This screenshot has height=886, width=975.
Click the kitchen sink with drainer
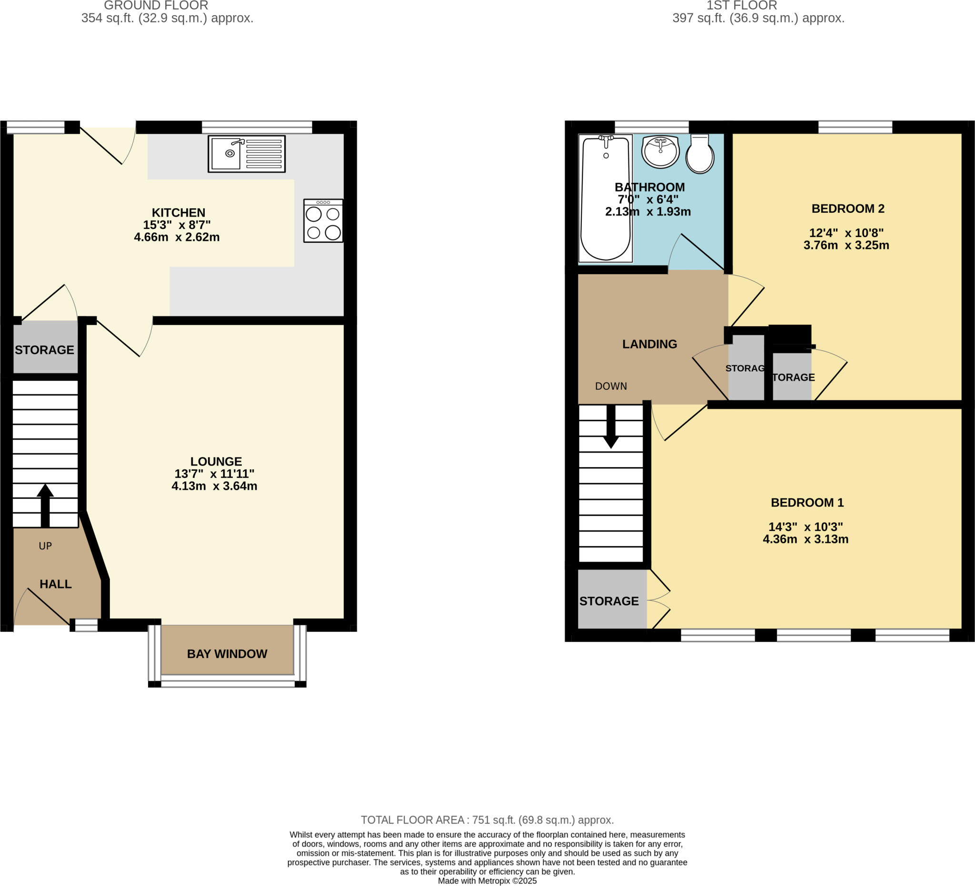click(246, 154)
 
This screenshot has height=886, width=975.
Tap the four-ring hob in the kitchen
click(323, 221)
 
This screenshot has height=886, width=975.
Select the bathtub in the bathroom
click(606, 198)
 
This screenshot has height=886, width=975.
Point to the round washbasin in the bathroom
click(660, 151)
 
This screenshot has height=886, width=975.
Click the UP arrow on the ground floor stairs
click(45, 506)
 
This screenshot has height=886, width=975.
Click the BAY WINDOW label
click(227, 654)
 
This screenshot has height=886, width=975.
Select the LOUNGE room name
click(216, 461)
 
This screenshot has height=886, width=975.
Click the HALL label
click(56, 584)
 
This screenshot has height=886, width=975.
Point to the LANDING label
click(649, 344)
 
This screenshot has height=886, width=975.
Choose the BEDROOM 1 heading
click(807, 502)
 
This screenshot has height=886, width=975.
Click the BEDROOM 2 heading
click(848, 209)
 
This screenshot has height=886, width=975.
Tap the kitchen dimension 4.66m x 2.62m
click(177, 237)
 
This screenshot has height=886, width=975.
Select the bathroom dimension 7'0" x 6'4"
click(647, 199)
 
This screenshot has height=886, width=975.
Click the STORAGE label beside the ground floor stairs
click(44, 349)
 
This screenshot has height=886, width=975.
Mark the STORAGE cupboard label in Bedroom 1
click(609, 601)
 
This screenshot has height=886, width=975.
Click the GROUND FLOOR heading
click(156, 6)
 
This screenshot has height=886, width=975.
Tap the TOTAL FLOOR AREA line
click(487, 820)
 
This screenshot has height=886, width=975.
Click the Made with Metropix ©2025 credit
click(487, 881)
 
